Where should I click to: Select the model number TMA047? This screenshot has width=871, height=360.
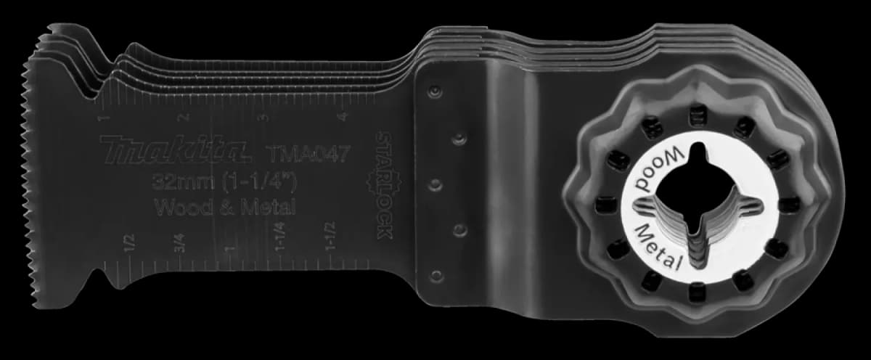[306, 154]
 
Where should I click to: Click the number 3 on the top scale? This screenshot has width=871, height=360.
[264, 118]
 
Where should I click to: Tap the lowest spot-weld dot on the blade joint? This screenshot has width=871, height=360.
[435, 276]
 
